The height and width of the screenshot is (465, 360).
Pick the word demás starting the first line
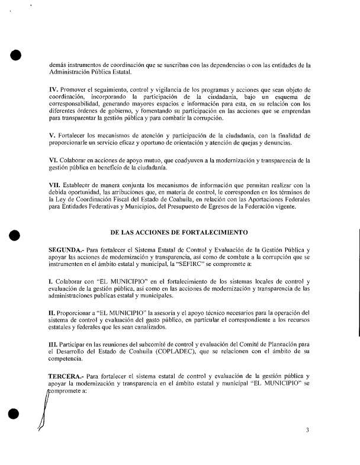[59, 65]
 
